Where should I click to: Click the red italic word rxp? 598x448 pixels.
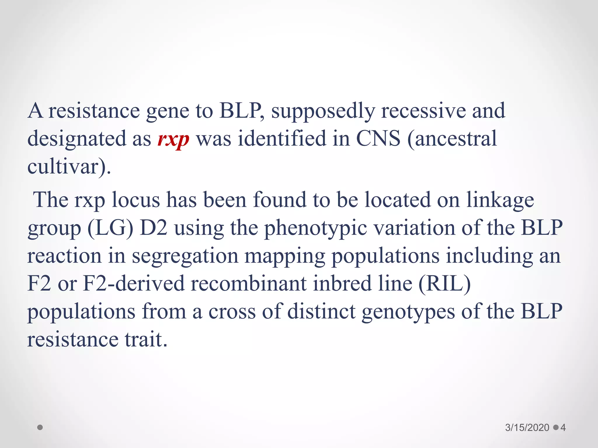click(173, 139)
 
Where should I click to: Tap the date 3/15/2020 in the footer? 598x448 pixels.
click(527, 428)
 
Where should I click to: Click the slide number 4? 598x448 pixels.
click(563, 428)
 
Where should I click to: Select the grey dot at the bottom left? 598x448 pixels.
click(40, 427)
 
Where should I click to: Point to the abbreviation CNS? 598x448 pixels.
click(378, 139)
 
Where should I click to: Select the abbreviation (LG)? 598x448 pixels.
click(110, 228)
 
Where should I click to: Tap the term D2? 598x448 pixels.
click(154, 228)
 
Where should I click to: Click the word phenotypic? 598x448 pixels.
click(315, 229)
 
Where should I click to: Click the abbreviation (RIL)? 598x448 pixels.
click(445, 284)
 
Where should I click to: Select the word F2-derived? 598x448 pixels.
click(134, 284)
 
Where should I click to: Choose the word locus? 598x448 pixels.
click(136, 201)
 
